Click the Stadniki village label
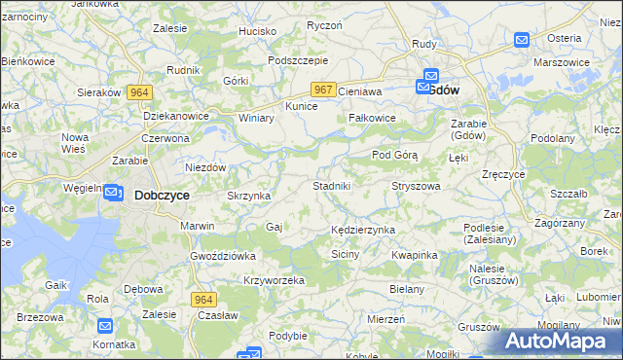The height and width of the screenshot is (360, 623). [338, 185]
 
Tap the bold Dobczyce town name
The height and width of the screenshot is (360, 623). [162, 195]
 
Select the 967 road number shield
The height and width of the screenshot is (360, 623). [325, 90]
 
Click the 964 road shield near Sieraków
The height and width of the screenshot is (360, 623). [139, 91]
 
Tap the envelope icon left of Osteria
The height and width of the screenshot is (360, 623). [521, 40]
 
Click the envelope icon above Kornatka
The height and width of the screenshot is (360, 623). [104, 326]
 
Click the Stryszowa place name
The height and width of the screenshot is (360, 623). [416, 185]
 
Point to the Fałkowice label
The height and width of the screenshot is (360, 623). [372, 118]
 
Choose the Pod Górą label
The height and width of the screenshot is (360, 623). [394, 155]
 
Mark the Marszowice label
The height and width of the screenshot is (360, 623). [562, 62]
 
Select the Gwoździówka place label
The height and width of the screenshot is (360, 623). [223, 256]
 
